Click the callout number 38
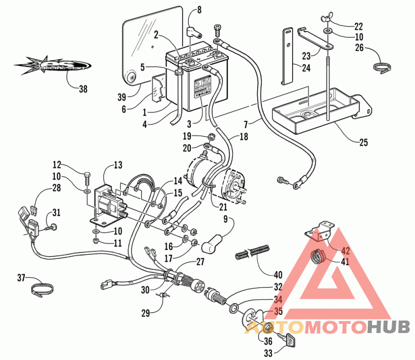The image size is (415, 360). point(83,89)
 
